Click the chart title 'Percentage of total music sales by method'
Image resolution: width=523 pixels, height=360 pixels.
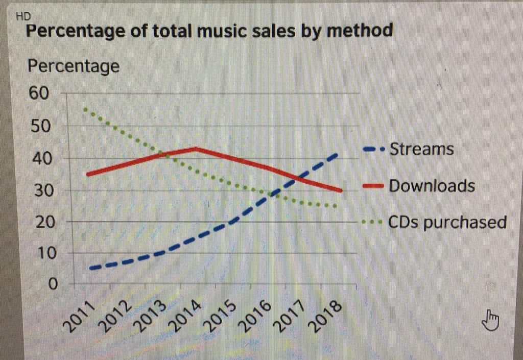(x=209, y=31)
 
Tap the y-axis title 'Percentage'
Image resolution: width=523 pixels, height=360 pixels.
(x=74, y=66)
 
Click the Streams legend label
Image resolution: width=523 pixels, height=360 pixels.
(x=421, y=149)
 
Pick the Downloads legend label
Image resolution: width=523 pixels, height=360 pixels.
(x=432, y=186)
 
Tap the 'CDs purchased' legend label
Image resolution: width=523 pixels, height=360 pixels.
(x=447, y=223)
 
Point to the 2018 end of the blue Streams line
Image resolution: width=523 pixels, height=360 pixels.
(x=337, y=154)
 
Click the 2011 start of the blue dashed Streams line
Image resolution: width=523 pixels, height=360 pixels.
(x=90, y=268)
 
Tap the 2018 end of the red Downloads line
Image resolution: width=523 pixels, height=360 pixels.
(x=340, y=190)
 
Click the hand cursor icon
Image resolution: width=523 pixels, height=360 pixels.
(x=490, y=320)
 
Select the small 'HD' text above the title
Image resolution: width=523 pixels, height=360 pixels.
(x=23, y=17)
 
